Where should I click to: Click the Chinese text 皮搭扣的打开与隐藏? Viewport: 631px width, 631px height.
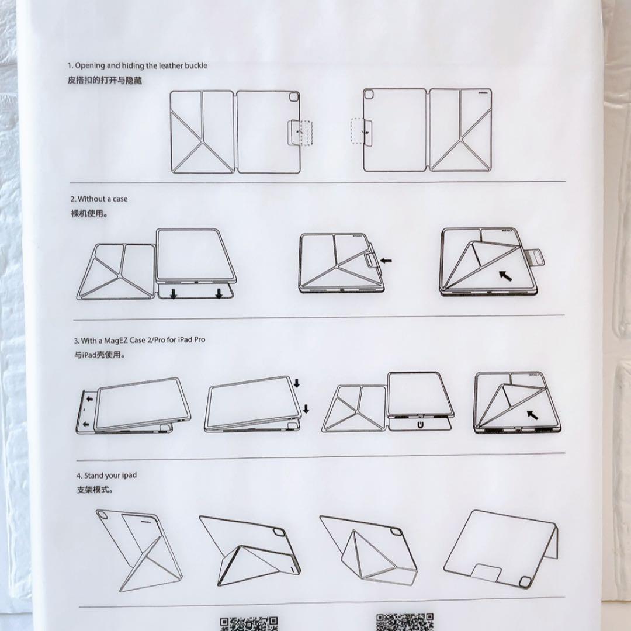coord(104,80)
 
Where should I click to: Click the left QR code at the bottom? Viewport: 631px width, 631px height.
coord(248,623)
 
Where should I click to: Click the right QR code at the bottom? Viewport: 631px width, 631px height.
coord(405,622)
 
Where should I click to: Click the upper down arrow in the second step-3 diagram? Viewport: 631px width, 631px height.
coord(297,383)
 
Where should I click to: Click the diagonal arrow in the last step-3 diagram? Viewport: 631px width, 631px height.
coord(532,415)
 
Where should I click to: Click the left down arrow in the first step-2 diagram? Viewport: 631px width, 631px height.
coord(174,293)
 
